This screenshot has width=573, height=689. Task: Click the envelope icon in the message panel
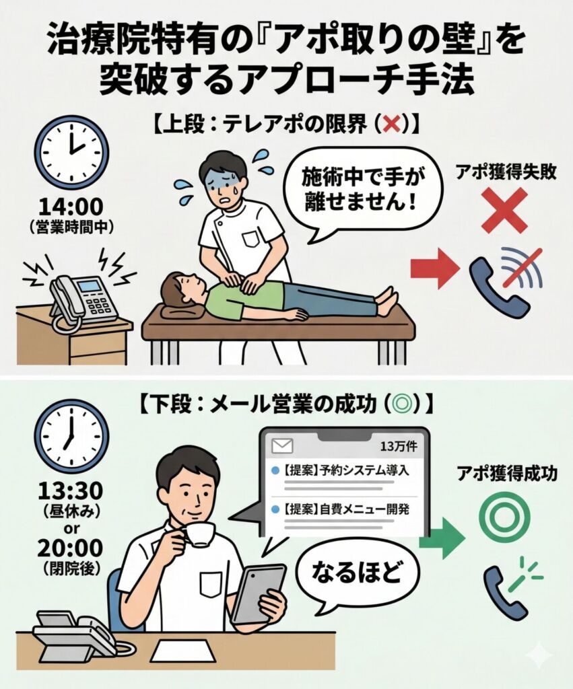pos(282,445)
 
